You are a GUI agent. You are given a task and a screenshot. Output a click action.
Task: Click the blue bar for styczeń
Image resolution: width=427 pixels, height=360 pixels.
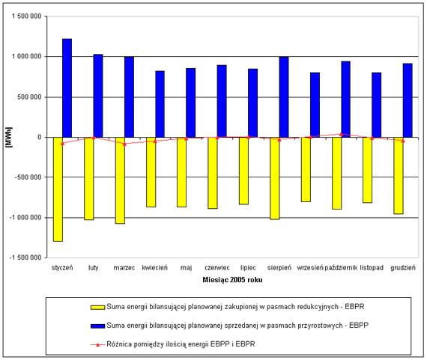(x=67, y=88)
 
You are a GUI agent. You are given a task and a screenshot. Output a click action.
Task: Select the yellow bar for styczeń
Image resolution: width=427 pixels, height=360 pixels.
(x=58, y=189)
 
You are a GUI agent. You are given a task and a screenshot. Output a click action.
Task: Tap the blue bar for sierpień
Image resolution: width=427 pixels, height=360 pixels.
(x=284, y=97)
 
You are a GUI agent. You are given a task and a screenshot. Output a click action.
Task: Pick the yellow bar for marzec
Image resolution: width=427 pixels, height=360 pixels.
(x=120, y=180)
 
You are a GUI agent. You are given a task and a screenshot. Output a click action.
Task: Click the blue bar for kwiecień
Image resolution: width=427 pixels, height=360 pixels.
(x=160, y=104)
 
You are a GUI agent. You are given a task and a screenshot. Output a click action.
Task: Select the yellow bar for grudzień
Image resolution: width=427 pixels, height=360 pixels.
(x=399, y=176)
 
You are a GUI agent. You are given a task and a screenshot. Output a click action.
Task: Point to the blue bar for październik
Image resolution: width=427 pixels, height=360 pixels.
(x=345, y=100)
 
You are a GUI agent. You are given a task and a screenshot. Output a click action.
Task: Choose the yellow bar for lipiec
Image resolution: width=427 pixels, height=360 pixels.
(x=243, y=171)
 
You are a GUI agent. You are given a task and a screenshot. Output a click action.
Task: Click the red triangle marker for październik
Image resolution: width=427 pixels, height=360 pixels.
(x=341, y=134)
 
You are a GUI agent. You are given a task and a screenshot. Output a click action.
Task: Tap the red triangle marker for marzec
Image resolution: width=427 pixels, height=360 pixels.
(x=124, y=144)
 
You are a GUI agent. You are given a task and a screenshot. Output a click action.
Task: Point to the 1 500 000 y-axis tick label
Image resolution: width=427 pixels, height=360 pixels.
(x=27, y=16)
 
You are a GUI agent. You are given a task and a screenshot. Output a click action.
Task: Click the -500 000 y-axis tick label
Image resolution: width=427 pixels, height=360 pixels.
(x=28, y=177)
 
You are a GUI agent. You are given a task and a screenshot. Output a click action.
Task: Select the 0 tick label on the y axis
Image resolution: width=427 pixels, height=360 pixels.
(x=40, y=137)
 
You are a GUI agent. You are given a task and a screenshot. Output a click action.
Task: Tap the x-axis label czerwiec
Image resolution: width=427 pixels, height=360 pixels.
(x=217, y=268)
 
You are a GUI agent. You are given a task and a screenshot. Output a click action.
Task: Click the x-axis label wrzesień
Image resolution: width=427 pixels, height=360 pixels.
(x=310, y=268)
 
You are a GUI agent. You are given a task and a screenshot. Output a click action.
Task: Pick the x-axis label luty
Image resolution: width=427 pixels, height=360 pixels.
(x=93, y=268)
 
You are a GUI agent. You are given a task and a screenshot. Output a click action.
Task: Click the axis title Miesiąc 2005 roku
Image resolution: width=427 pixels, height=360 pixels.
(x=232, y=280)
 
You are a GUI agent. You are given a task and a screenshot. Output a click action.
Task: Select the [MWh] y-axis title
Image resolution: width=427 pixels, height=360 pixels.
(x=9, y=137)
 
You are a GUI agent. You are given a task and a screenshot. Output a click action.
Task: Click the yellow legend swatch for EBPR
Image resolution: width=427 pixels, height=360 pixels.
(x=98, y=307)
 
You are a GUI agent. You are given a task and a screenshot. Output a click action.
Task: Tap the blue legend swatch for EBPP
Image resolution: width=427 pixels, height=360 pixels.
(x=98, y=326)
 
